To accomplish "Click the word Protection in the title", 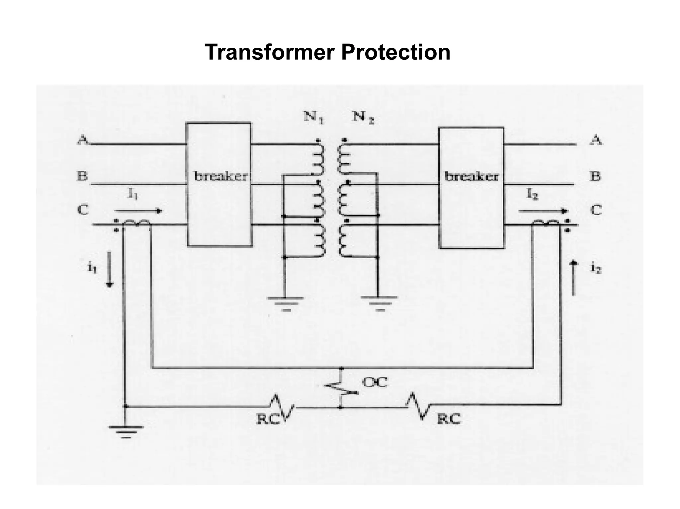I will point(395,52).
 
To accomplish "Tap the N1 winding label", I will point(313,117).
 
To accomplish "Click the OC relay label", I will point(375,382).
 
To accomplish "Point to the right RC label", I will point(449,419).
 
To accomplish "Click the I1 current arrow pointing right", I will point(138,211).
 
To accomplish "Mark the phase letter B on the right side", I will point(595,176).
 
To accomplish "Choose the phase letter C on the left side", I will point(83,210).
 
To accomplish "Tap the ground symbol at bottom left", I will point(126,431).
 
